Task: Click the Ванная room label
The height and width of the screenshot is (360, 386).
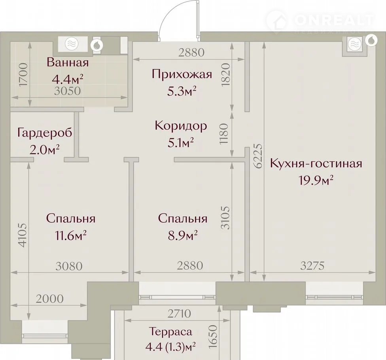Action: point(68,63)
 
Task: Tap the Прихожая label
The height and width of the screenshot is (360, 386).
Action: point(182,74)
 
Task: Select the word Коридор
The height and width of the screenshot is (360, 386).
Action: point(181,126)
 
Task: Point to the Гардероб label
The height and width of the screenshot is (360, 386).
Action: point(45,133)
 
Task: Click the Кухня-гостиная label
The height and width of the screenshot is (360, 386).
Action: point(316,163)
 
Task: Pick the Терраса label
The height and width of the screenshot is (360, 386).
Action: point(170,332)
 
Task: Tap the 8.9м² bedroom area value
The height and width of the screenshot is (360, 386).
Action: point(183,236)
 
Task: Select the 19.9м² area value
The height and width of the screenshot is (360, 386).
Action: point(316,180)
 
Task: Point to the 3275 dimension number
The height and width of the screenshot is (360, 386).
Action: point(312,266)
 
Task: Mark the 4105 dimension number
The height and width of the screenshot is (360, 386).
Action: point(23,235)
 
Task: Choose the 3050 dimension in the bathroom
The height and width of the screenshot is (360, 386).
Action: point(68,91)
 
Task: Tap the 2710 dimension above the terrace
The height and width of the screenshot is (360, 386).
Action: point(179,314)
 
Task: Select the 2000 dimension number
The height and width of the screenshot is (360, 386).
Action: point(50,299)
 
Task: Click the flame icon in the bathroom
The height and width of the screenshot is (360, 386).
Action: point(97,45)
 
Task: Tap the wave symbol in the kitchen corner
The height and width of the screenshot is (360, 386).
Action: point(354,44)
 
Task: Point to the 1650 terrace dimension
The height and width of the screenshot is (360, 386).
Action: point(213,336)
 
